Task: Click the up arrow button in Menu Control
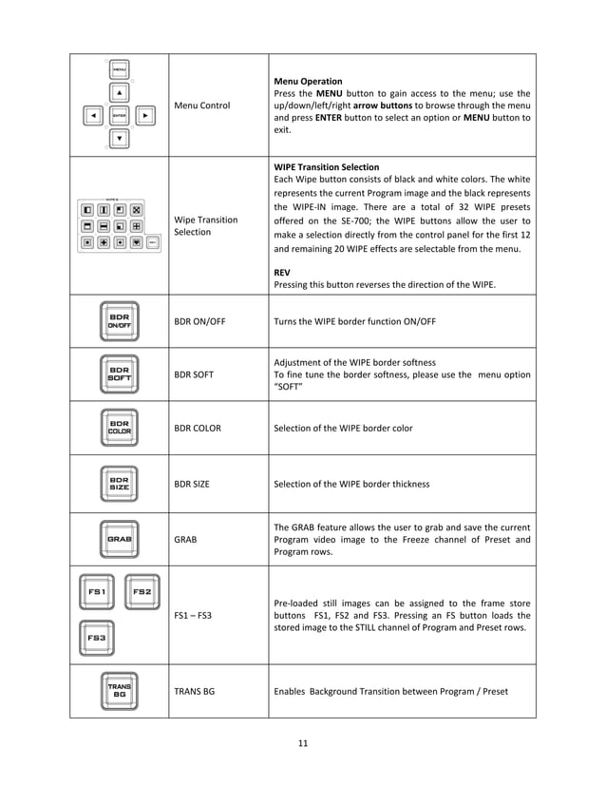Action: [x=120, y=93]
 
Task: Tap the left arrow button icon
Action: [x=93, y=116]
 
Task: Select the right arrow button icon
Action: [x=145, y=116]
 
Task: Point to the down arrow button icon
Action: [x=120, y=139]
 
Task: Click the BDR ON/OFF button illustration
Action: [x=120, y=321]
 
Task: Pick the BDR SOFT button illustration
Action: [x=120, y=374]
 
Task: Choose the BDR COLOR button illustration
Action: [x=120, y=428]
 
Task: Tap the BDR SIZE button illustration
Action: [x=120, y=484]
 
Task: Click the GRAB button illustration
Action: [x=120, y=538]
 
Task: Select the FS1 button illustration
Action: [x=96, y=592]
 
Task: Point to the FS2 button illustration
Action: [x=142, y=592]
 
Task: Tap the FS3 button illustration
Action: [x=96, y=638]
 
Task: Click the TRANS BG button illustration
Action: [x=120, y=691]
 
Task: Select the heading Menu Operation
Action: [x=308, y=82]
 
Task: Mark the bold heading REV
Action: [x=282, y=272]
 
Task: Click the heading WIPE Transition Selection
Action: [x=326, y=167]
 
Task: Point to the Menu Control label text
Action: [x=202, y=105]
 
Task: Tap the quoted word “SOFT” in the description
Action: [x=290, y=388]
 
